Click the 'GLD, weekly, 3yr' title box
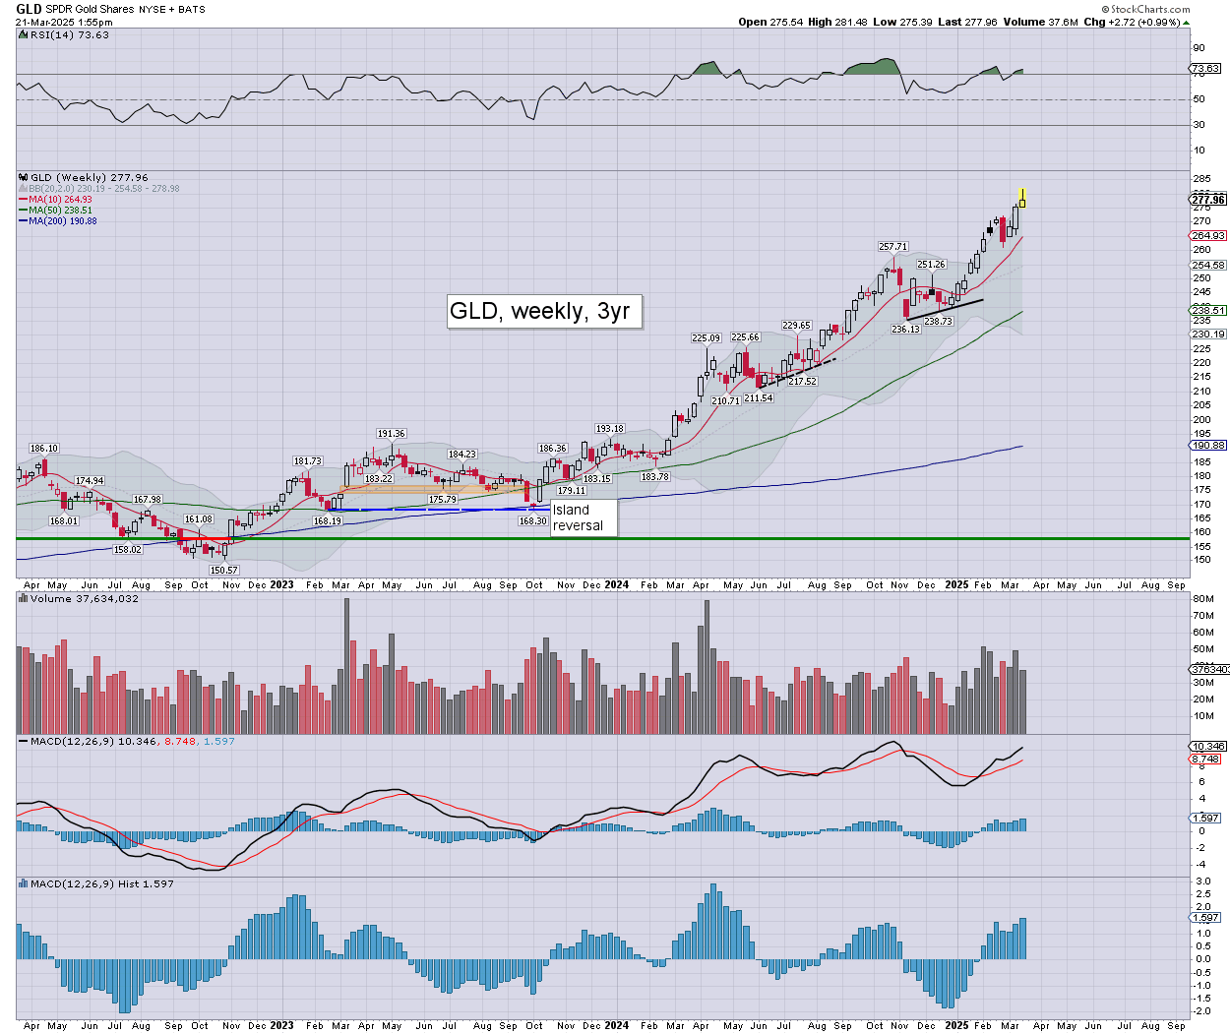point(539,311)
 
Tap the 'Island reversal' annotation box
point(584,517)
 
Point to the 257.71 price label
point(893,247)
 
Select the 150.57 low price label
point(224,571)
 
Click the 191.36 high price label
point(392,434)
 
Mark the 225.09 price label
point(706,338)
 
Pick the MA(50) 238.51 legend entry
point(60,211)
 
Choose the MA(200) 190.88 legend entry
point(62,221)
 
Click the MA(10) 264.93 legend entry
point(60,200)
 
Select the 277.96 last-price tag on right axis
point(1208,200)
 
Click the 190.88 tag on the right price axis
point(1208,446)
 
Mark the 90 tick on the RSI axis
point(1199,48)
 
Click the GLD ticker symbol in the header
point(29,10)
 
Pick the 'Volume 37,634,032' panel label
point(84,598)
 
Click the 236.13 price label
point(905,330)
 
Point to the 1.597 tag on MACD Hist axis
point(1206,917)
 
